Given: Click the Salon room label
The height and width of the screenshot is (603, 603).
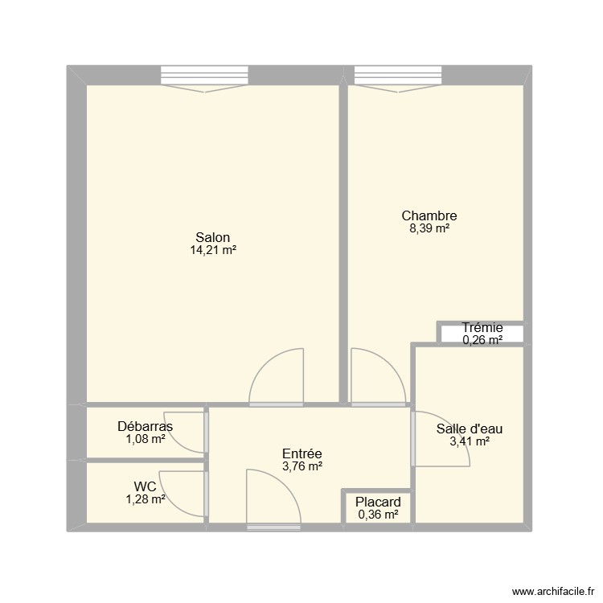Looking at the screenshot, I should point(212,237).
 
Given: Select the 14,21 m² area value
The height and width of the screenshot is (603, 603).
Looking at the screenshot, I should point(212,250).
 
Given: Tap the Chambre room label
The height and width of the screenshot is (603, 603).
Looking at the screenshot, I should point(429,215).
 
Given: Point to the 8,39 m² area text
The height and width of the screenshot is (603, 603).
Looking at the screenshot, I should point(429,228).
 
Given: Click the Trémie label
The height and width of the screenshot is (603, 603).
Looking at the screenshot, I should point(482,327).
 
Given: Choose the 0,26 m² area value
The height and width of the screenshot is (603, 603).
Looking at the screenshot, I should point(482,340).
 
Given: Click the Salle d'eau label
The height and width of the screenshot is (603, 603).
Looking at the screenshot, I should point(470,429).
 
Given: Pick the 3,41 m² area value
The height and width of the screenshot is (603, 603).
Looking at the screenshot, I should point(470,441).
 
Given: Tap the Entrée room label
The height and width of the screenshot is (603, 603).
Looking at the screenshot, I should point(302,453).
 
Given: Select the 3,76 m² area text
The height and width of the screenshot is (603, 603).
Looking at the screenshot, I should point(302,466).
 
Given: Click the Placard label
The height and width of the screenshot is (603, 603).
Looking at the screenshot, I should point(378,503).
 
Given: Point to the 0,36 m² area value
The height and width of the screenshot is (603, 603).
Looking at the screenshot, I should point(378,515).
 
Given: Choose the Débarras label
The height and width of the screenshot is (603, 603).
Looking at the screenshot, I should point(145,426).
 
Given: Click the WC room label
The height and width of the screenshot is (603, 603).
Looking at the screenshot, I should point(146,486).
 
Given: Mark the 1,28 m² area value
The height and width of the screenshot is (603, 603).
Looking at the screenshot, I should point(146,499).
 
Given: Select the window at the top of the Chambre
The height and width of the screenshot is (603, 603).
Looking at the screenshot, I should point(400,76).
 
